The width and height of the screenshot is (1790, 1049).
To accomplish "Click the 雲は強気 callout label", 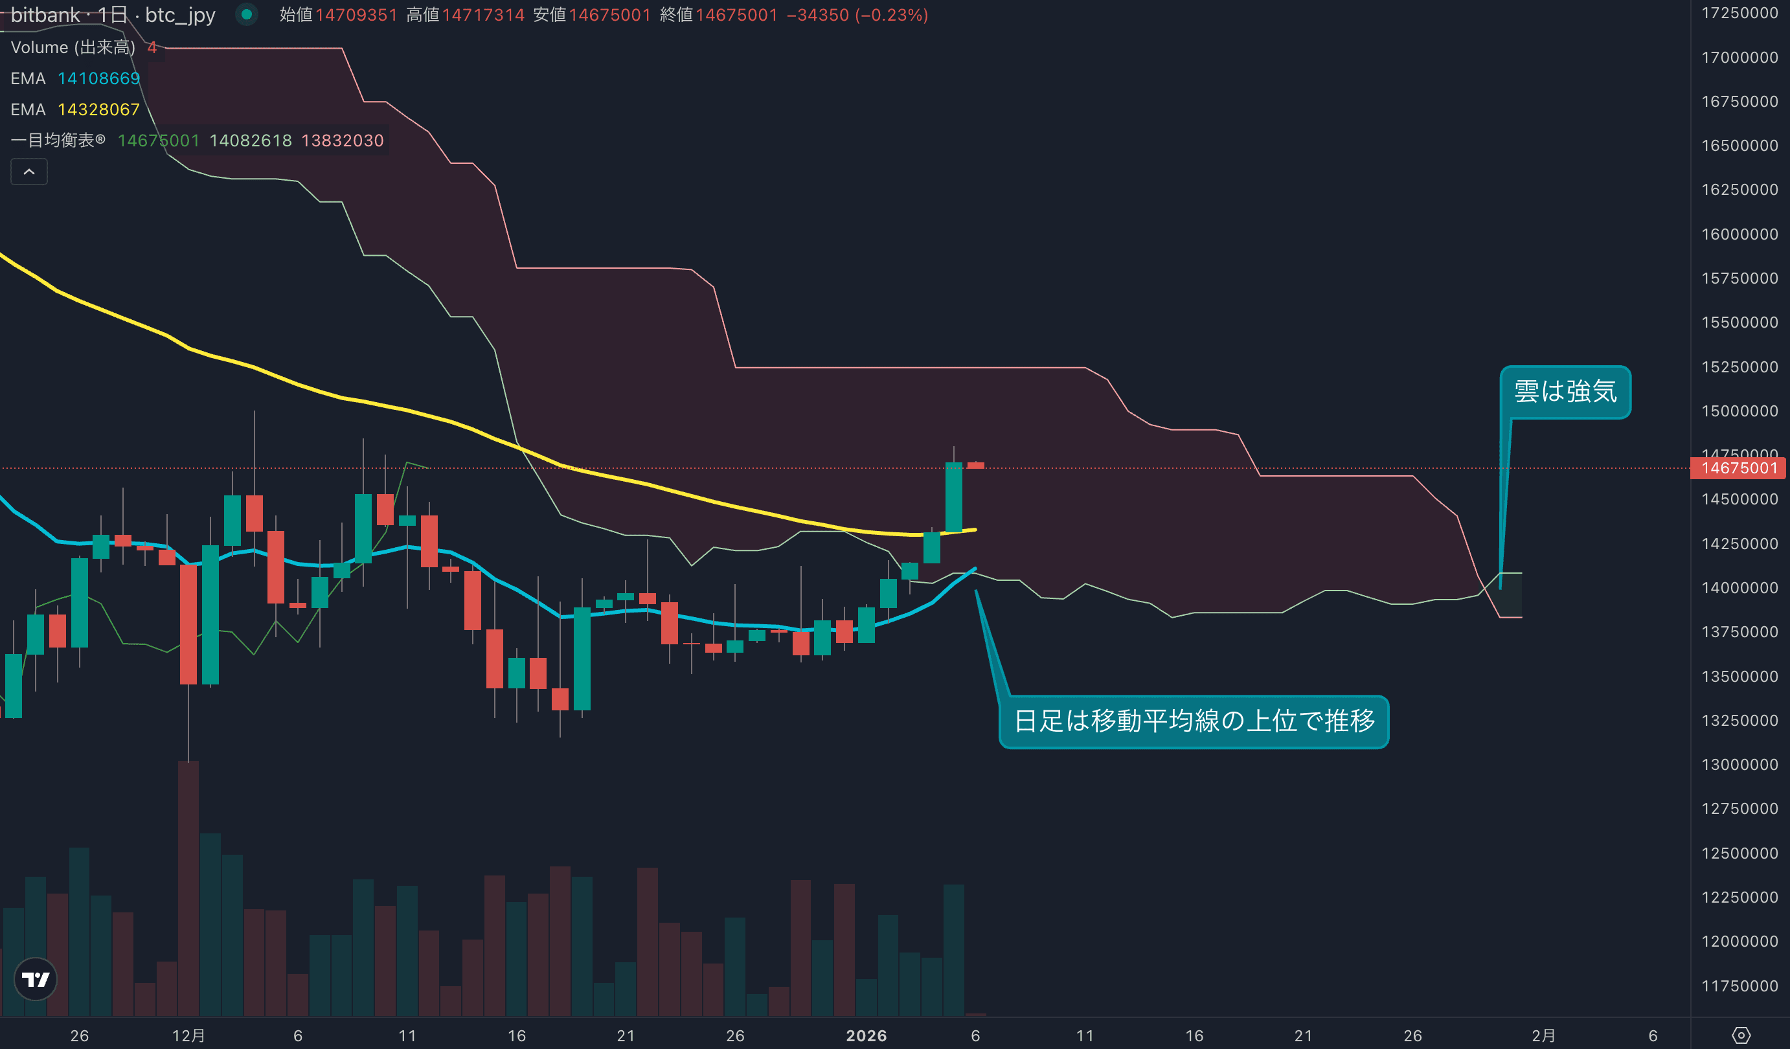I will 1565,391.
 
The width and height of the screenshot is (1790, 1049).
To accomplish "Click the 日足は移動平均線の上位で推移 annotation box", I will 1194,721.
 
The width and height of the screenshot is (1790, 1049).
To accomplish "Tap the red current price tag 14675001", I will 1738,468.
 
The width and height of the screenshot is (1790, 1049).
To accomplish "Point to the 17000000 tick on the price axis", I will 1739,58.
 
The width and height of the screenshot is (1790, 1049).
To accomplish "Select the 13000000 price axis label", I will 1739,764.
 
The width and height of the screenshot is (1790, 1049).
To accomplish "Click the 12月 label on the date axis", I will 188,1035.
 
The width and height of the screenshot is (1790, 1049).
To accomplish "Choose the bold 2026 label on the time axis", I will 866,1035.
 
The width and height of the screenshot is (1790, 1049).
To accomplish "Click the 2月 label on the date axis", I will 1543,1035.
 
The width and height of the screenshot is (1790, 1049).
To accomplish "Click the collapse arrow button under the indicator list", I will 29,172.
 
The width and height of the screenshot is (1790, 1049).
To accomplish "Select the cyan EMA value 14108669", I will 98,78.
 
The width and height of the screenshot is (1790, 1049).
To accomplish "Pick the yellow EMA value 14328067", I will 98,109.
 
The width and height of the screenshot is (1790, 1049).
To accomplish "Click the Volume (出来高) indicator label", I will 73,47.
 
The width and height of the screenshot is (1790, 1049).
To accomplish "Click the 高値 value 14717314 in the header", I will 483,15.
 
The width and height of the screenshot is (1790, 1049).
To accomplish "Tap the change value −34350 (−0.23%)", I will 857,15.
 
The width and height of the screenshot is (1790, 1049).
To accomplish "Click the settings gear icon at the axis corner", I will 1741,1035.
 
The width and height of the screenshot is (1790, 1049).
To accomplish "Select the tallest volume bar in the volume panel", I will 188,888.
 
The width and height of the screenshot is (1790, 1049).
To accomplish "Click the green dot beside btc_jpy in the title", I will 247,14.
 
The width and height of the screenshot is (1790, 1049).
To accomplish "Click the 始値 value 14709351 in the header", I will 356,15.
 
